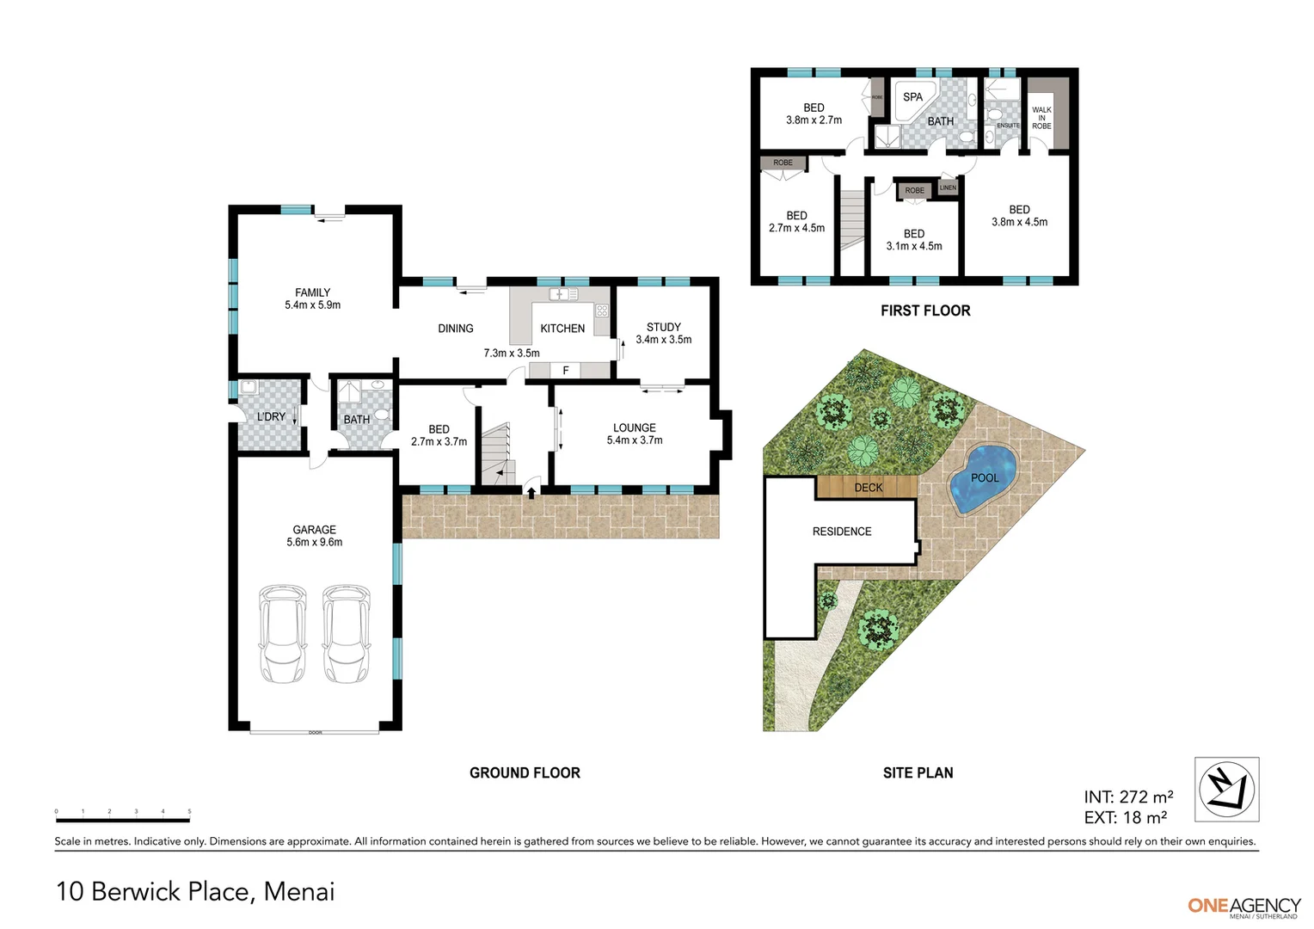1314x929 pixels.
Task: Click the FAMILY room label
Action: click(312, 292)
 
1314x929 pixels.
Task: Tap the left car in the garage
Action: click(282, 634)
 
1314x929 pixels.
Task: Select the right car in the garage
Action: click(346, 634)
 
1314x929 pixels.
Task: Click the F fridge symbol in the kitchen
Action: click(565, 371)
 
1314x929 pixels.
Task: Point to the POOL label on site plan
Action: click(985, 478)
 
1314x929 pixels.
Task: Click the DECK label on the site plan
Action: click(868, 488)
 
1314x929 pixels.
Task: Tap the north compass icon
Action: click(1226, 789)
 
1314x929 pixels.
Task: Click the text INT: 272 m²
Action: click(1128, 797)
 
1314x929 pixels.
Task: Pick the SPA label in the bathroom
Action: click(912, 97)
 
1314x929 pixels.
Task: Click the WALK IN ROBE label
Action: click(1041, 118)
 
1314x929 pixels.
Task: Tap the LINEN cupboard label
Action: click(948, 188)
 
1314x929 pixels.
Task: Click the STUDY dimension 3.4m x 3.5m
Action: click(663, 340)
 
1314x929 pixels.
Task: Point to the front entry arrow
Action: click(531, 493)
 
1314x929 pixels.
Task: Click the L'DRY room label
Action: click(271, 417)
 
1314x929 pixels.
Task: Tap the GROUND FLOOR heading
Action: click(525, 772)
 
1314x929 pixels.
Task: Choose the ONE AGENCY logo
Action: click(1243, 906)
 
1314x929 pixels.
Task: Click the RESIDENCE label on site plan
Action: click(842, 532)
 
